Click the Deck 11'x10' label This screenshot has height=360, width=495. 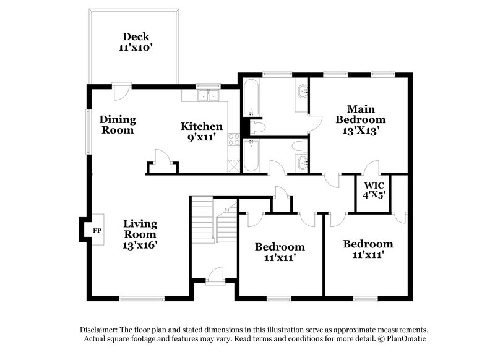(134, 41)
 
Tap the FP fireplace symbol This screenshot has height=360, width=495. (97, 231)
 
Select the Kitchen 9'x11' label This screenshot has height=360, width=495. (202, 132)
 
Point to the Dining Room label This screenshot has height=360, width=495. (118, 124)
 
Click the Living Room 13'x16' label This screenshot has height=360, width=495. (139, 234)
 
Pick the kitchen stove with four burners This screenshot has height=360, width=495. (234, 140)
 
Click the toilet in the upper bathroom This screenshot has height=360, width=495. (256, 127)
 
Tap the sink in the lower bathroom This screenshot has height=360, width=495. (301, 164)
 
